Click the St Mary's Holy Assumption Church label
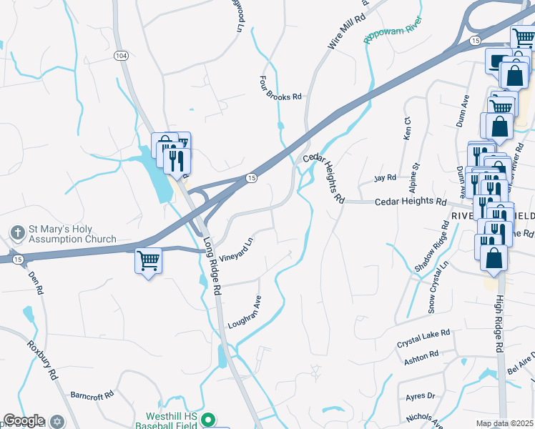click(x=72, y=235)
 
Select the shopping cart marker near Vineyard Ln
click(x=148, y=261)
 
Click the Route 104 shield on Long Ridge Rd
click(x=121, y=55)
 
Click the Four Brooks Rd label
click(x=281, y=88)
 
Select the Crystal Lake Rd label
click(x=423, y=338)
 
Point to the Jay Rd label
click(x=386, y=178)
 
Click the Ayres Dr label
click(x=420, y=395)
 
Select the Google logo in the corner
click(x=24, y=421)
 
